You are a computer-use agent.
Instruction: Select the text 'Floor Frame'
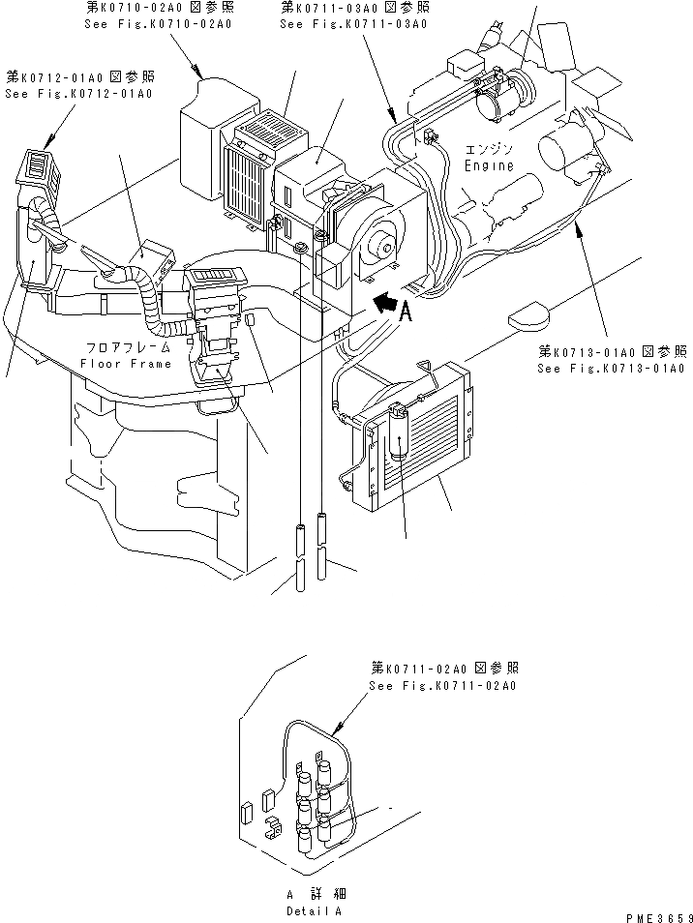click(126, 364)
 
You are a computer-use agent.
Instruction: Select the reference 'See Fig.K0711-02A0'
click(442, 686)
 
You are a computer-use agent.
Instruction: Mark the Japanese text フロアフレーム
click(126, 346)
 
